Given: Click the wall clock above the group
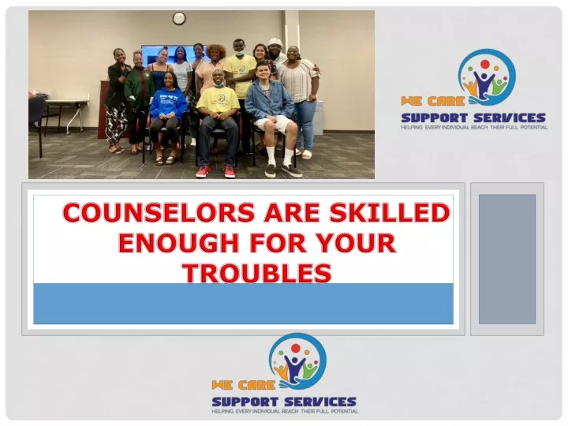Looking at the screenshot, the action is (179, 18).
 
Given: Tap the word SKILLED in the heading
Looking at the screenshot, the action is (390, 212).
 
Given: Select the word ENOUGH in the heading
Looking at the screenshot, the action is (178, 243).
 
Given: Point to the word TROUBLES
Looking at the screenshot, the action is (257, 273).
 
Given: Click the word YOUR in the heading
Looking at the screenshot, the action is (365, 243).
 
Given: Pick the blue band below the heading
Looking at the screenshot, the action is (243, 304).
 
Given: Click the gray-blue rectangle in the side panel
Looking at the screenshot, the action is (507, 259).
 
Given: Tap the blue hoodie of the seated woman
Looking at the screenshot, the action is (169, 104).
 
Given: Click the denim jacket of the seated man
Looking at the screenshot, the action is (269, 100).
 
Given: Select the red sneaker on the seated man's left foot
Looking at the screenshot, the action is (230, 171).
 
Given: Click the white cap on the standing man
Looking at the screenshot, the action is (275, 42).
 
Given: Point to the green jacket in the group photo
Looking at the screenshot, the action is (139, 89).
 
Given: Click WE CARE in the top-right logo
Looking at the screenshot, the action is (432, 101).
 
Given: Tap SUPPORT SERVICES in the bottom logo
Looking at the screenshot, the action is (284, 402).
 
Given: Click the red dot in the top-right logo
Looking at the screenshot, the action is (484, 65).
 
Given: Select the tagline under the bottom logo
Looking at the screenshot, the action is (285, 412).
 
